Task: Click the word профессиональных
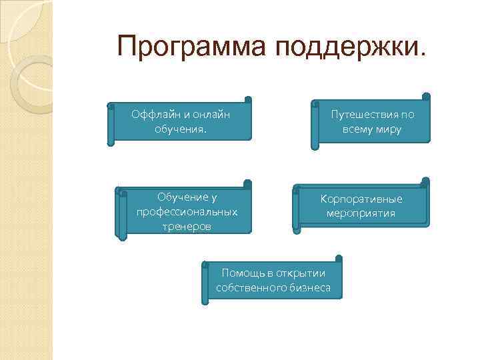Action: point(187,212)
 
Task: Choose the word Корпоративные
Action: point(361,199)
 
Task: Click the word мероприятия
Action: point(361,213)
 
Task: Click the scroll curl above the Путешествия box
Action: point(426,97)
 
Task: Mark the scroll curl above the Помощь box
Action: point(339,258)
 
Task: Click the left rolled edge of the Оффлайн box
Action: point(111,124)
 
